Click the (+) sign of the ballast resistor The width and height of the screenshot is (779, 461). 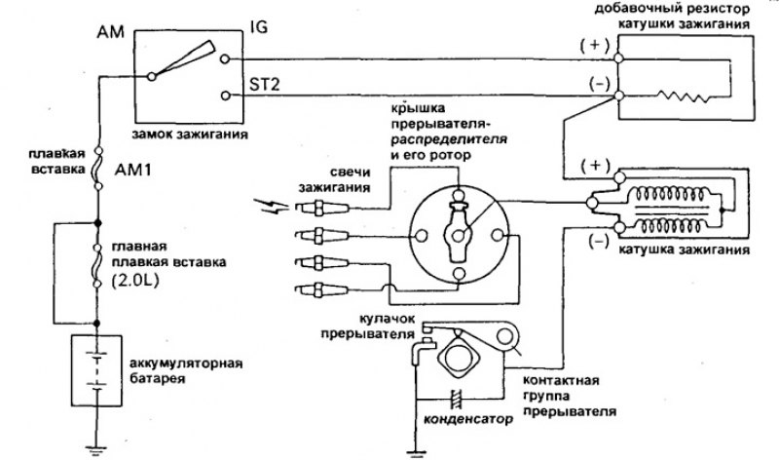tap(591, 45)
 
